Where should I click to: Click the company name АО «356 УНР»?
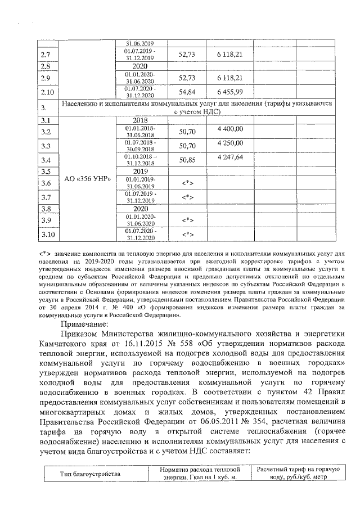[87, 179]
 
